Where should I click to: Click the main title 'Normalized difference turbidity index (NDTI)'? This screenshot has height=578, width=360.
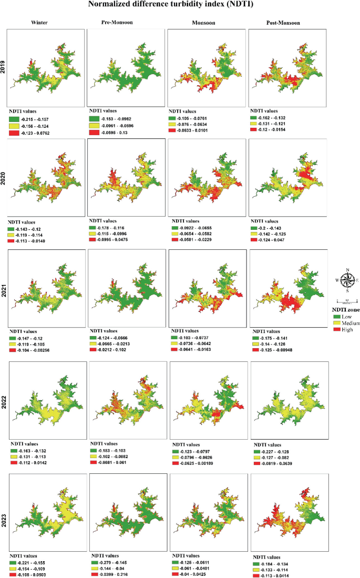pos(179,5)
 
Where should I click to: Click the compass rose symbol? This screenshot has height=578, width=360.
pos(347,280)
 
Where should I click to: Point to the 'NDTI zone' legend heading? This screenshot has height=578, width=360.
pos(346,310)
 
